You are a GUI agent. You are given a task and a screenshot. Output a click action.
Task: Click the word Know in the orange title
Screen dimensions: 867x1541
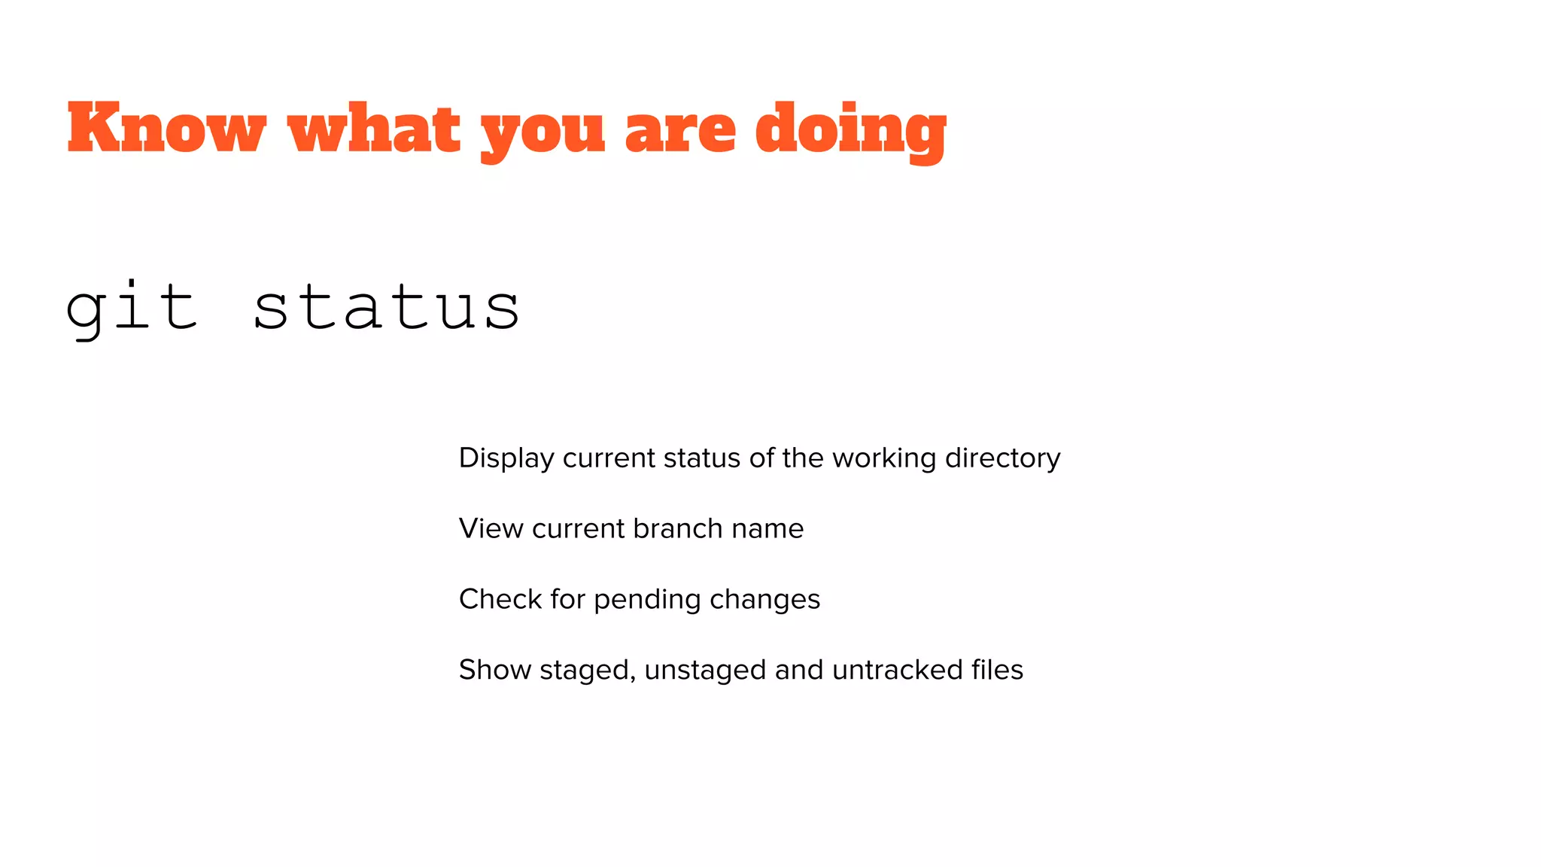click(x=166, y=129)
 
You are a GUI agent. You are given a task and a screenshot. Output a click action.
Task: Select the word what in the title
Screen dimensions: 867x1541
click(x=374, y=129)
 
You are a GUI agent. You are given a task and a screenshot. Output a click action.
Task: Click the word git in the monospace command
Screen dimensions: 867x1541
click(x=132, y=308)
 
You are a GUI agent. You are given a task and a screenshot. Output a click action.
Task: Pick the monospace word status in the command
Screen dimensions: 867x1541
click(x=386, y=308)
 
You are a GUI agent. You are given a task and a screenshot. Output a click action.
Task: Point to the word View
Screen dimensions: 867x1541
click(x=491, y=528)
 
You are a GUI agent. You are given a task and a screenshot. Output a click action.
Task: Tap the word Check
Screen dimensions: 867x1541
click(x=500, y=599)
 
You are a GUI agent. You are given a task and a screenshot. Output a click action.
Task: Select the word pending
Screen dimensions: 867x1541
click(x=647, y=600)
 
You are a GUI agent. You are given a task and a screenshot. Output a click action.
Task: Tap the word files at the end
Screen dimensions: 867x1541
click(x=997, y=670)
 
